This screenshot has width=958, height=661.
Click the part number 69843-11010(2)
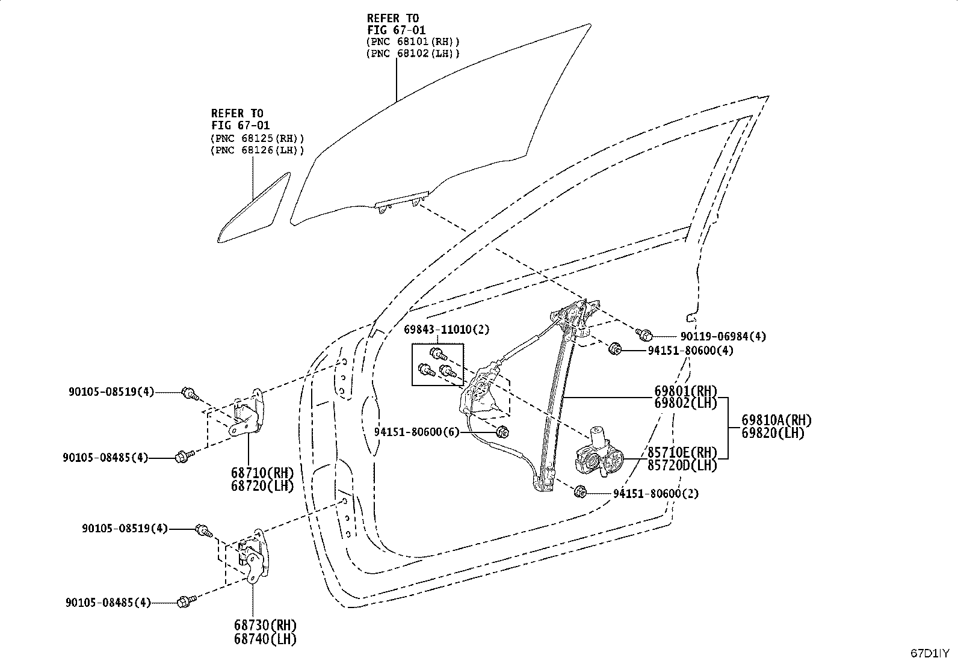447,329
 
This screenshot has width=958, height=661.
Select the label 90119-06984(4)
723,336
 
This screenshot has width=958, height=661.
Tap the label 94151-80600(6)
416,432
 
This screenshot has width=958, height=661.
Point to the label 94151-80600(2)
656,493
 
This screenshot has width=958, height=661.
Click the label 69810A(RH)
777,420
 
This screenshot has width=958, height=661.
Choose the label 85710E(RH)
682,452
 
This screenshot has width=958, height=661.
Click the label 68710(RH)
262,473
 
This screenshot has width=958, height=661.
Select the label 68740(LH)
265,639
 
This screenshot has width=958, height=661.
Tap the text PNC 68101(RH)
413,42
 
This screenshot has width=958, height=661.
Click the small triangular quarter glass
254,208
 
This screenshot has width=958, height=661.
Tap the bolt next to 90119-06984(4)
644,334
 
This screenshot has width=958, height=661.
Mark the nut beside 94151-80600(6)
502,432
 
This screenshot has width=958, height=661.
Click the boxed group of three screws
437,364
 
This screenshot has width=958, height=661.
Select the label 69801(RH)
685,391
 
